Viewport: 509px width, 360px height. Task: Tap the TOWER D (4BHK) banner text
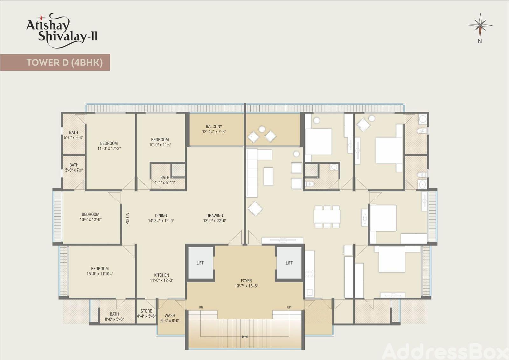click(x=65, y=62)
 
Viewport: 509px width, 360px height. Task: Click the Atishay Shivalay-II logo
click(x=62, y=31)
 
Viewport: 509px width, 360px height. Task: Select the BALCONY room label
click(x=214, y=126)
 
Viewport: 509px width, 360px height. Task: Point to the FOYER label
click(x=246, y=281)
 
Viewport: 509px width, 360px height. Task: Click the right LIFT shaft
click(x=289, y=263)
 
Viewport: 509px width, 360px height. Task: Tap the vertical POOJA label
click(x=128, y=219)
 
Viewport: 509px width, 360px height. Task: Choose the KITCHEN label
click(x=162, y=275)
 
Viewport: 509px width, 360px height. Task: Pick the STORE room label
click(x=146, y=311)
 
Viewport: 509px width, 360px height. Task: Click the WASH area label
click(x=170, y=315)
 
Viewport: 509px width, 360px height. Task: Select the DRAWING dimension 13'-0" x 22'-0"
click(x=215, y=221)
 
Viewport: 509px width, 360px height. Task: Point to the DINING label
click(x=161, y=215)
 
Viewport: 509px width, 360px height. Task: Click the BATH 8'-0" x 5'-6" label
click(x=114, y=317)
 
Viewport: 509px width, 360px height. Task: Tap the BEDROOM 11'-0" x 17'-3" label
click(x=109, y=146)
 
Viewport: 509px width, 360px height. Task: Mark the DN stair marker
click(x=201, y=307)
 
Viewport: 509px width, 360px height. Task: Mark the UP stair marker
click(x=289, y=307)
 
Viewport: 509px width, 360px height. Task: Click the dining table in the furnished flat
click(x=327, y=217)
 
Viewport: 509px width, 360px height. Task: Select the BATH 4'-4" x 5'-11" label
click(x=165, y=180)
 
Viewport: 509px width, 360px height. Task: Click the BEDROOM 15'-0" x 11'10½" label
click(x=100, y=271)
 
